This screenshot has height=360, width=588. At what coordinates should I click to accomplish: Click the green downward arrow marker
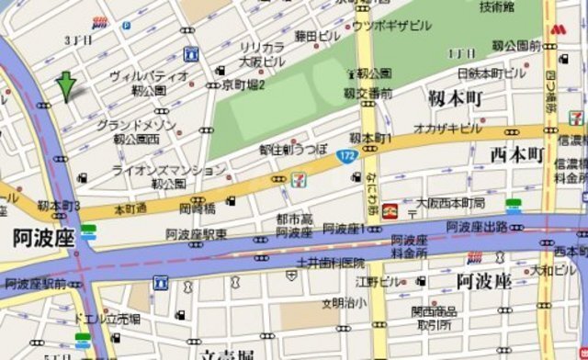click(66, 85)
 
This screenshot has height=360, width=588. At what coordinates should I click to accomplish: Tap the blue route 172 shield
click(345, 156)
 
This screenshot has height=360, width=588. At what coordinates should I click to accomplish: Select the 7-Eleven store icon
click(299, 180)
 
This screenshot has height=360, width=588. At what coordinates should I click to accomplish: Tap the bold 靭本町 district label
click(456, 96)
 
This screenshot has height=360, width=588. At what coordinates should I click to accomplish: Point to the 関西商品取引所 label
click(435, 318)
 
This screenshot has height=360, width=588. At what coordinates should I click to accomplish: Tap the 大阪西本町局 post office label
click(451, 203)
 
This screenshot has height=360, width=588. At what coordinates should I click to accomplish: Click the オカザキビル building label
click(447, 129)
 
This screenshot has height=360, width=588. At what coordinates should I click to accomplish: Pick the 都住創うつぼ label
click(293, 148)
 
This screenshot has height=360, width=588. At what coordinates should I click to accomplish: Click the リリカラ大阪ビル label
click(262, 54)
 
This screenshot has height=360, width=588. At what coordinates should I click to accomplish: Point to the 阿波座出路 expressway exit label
click(477, 226)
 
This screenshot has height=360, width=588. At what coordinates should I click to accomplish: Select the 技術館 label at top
click(496, 7)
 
